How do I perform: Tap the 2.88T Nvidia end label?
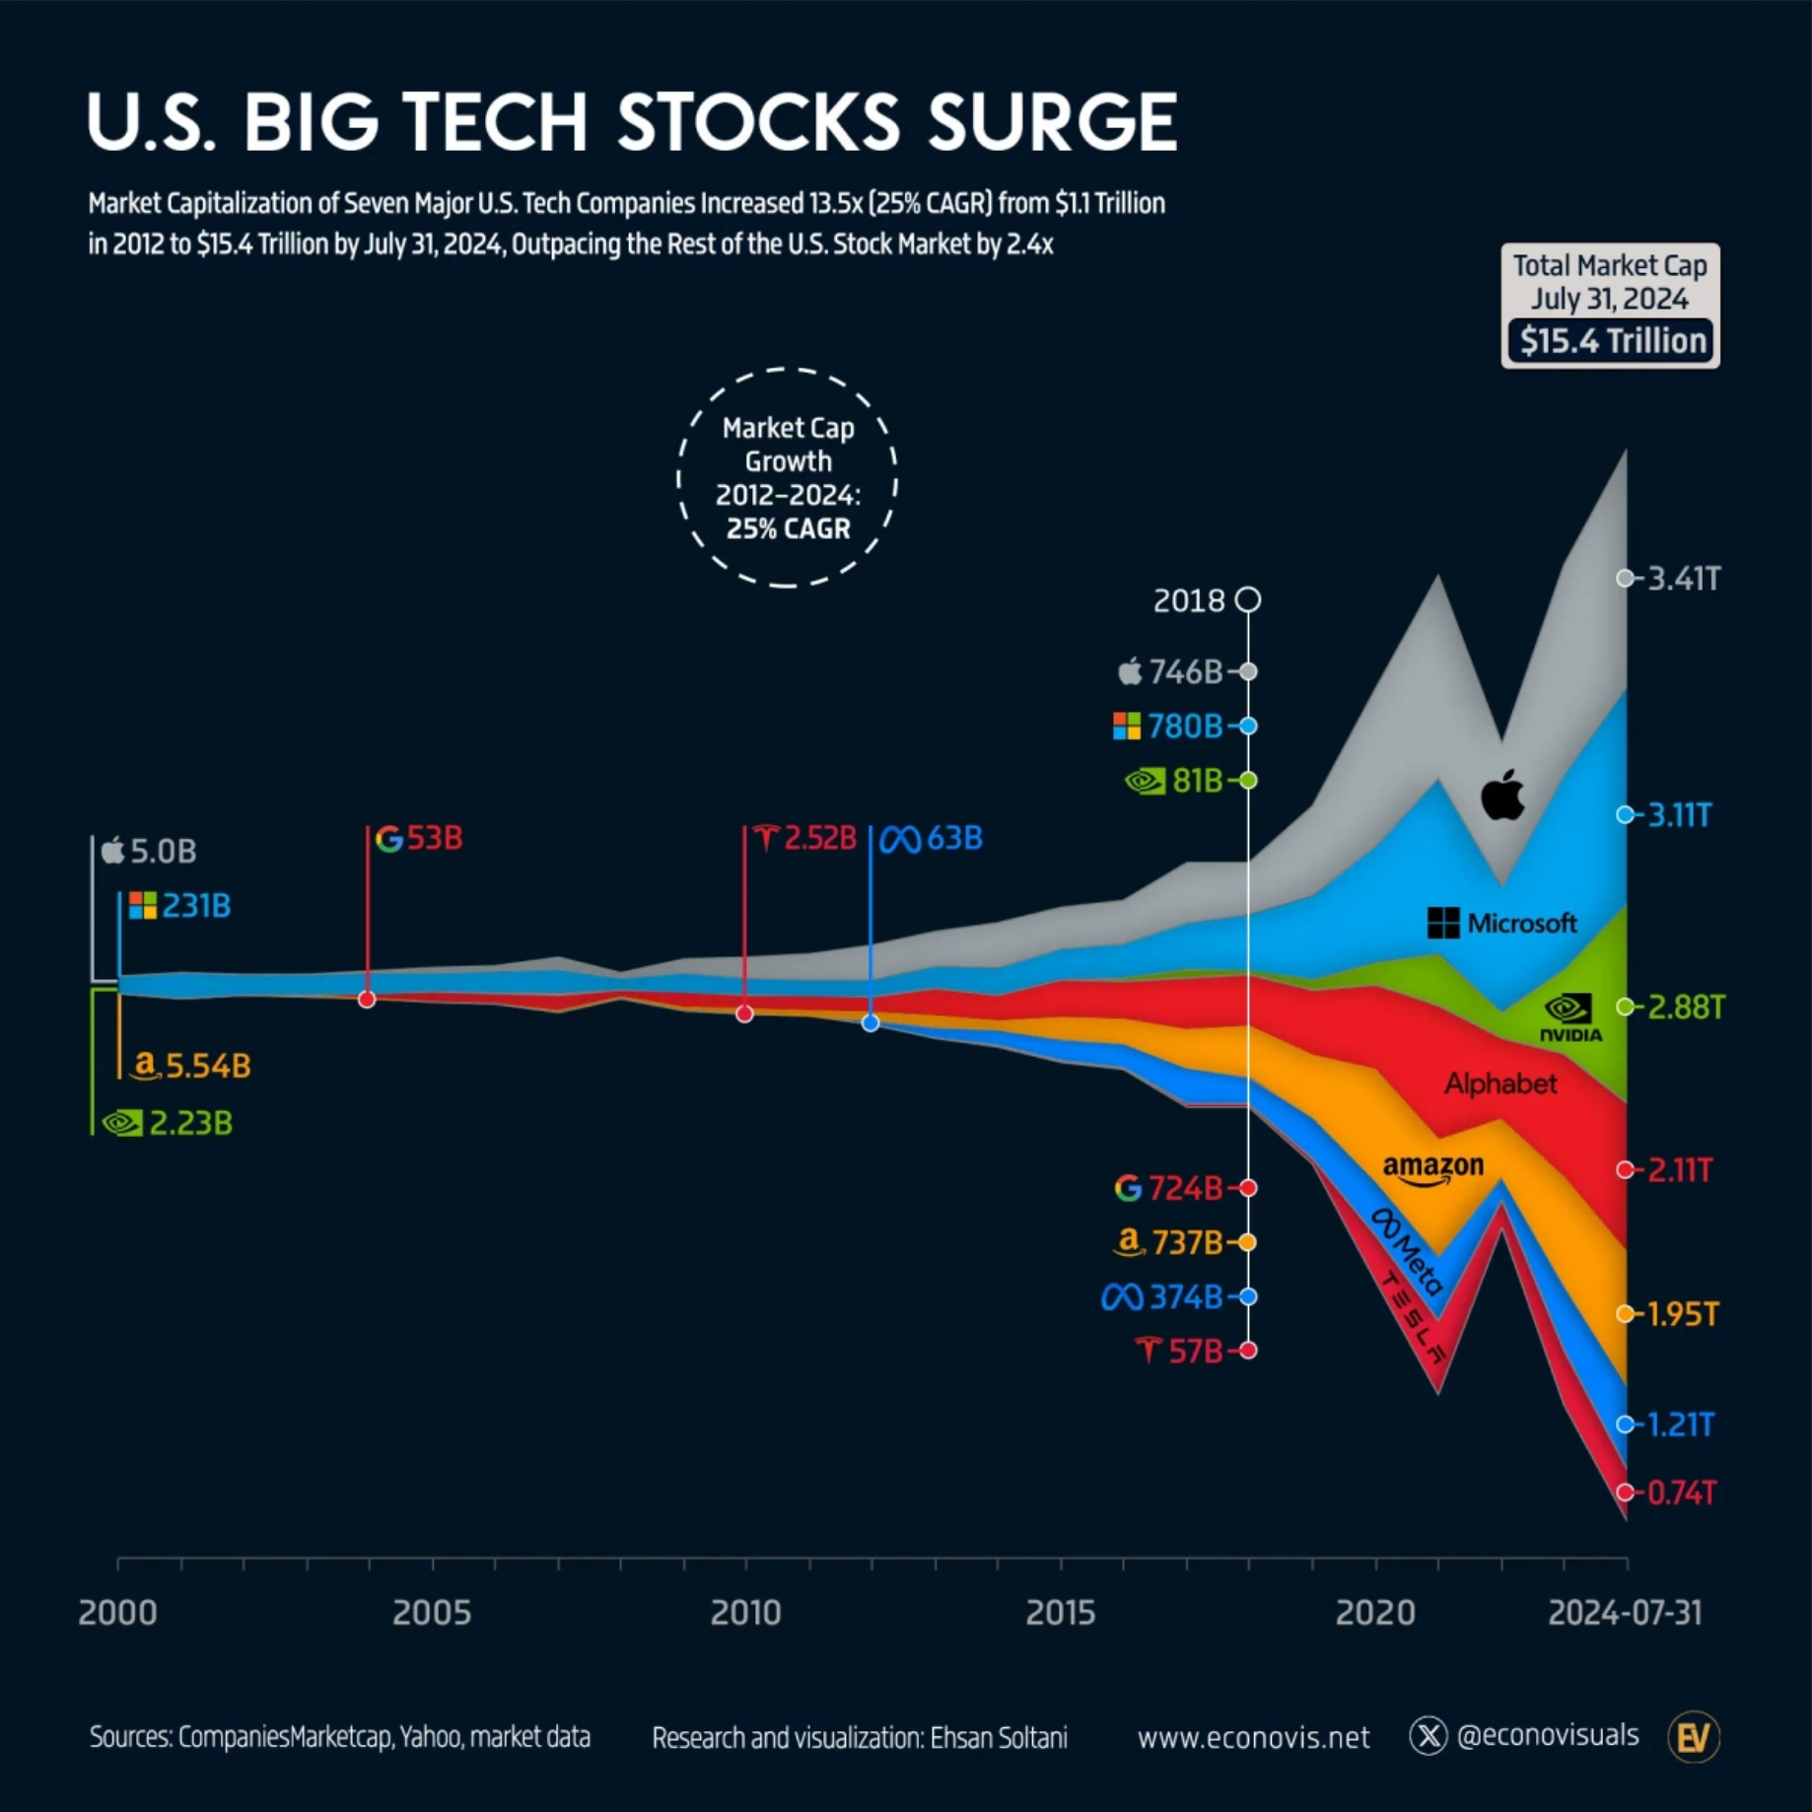[x=1686, y=1007]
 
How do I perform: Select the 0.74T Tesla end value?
[x=1682, y=1493]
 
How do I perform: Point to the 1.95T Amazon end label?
[x=1683, y=1314]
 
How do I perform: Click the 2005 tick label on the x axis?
[x=432, y=1613]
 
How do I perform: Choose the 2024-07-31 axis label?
[x=1625, y=1613]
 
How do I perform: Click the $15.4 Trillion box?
[x=1611, y=341]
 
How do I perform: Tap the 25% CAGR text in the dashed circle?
[x=788, y=528]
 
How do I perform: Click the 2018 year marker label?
[x=1189, y=600]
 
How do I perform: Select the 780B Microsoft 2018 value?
[x=1184, y=727]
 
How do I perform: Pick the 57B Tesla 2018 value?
[x=1195, y=1351]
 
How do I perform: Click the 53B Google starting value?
[x=435, y=838]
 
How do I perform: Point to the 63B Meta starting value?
[x=954, y=838]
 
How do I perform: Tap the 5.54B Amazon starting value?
[x=208, y=1066]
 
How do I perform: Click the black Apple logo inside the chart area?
[x=1502, y=795]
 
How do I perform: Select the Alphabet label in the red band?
[x=1500, y=1084]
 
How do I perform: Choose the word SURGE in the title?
[x=1052, y=122]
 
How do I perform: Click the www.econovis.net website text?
[x=1253, y=1737]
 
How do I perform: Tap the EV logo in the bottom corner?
[x=1693, y=1737]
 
